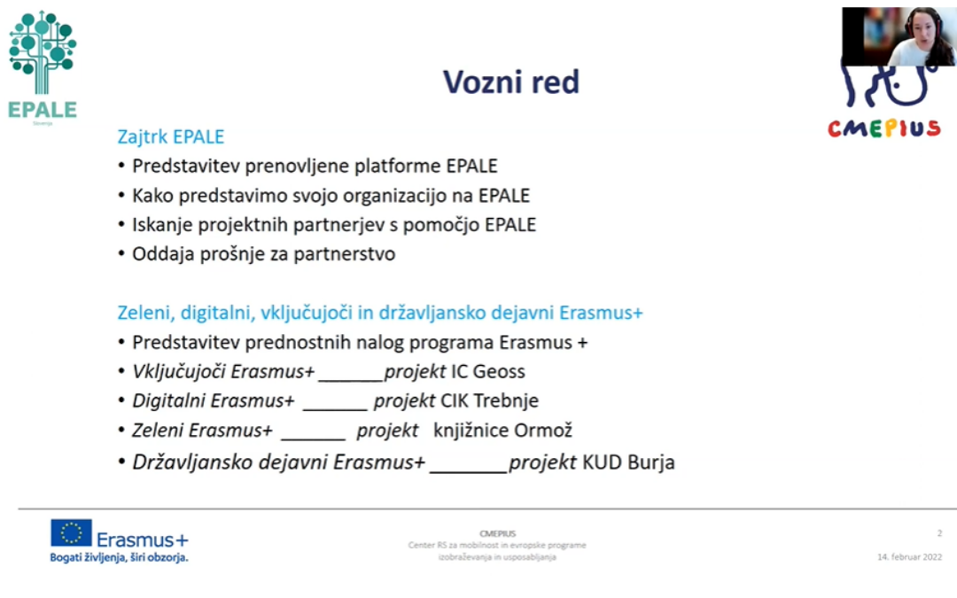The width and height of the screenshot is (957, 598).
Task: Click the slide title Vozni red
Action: coord(511,82)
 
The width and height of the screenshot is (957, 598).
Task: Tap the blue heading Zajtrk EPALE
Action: coord(170,137)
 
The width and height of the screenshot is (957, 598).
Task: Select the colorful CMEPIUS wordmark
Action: coord(883,129)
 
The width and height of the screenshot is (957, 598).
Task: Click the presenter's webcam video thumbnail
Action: coord(898,36)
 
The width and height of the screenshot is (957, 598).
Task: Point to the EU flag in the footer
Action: coord(71,533)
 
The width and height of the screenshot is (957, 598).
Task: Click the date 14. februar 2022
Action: coord(909,557)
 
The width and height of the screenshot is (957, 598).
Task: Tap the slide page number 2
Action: coord(939,533)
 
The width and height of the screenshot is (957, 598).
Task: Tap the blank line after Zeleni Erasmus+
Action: coord(313,434)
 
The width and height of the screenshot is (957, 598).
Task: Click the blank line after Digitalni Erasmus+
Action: coord(334,405)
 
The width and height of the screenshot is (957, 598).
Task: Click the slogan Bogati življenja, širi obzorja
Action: coord(119,557)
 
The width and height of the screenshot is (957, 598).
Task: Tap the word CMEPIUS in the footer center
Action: coord(497,533)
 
